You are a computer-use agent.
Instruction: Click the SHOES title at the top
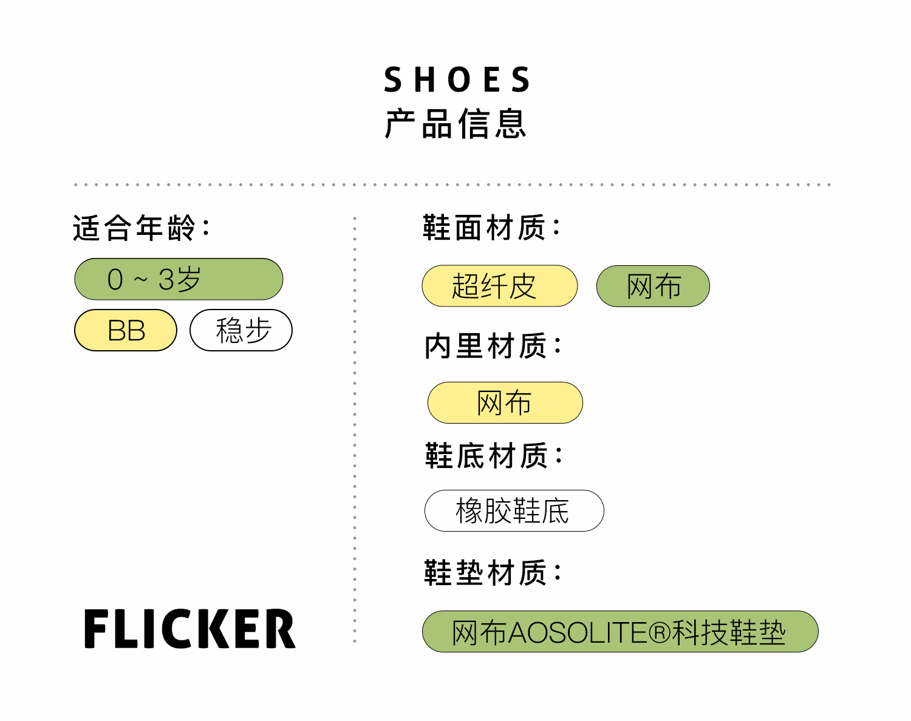tap(457, 80)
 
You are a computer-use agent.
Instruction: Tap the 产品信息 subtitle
tap(455, 124)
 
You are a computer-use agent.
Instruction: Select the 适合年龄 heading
tap(141, 228)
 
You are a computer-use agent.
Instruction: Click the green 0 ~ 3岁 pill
tap(179, 279)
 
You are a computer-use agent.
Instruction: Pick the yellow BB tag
tap(126, 331)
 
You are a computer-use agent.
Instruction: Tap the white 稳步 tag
tap(241, 331)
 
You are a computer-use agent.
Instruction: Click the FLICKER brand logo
tap(189, 629)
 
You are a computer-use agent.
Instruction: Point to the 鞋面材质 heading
tap(491, 228)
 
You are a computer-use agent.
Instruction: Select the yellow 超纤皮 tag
tap(499, 286)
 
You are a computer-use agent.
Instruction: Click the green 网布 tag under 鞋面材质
tap(653, 286)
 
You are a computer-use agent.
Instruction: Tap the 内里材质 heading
tap(492, 346)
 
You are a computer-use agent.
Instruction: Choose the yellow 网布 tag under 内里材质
tap(505, 402)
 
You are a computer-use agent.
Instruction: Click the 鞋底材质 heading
tap(493, 456)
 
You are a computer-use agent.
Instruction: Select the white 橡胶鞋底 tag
tap(514, 510)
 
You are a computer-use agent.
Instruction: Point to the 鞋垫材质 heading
tap(492, 572)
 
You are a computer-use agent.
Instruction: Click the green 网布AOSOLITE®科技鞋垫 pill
tap(619, 632)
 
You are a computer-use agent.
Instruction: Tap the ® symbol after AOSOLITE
tap(659, 632)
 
